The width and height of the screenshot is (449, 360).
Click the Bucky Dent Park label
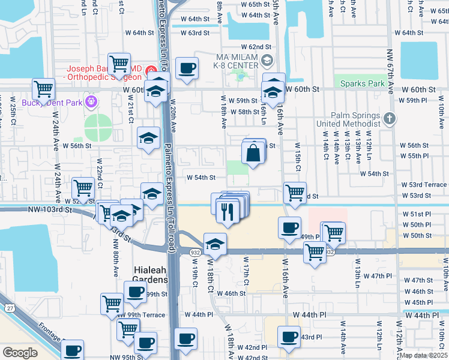[52, 103]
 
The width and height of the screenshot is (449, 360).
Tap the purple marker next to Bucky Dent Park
[91, 101]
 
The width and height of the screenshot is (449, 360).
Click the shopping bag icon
[253, 154]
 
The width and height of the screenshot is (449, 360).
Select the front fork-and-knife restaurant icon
[228, 212]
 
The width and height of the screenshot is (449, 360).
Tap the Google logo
[20, 353]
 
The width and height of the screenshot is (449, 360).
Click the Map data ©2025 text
[423, 355]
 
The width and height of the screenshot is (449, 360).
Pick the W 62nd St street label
[256, 46]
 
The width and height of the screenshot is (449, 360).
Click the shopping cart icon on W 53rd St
[294, 193]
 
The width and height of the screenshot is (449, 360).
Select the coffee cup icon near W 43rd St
[288, 337]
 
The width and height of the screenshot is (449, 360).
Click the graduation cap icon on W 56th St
[148, 139]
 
